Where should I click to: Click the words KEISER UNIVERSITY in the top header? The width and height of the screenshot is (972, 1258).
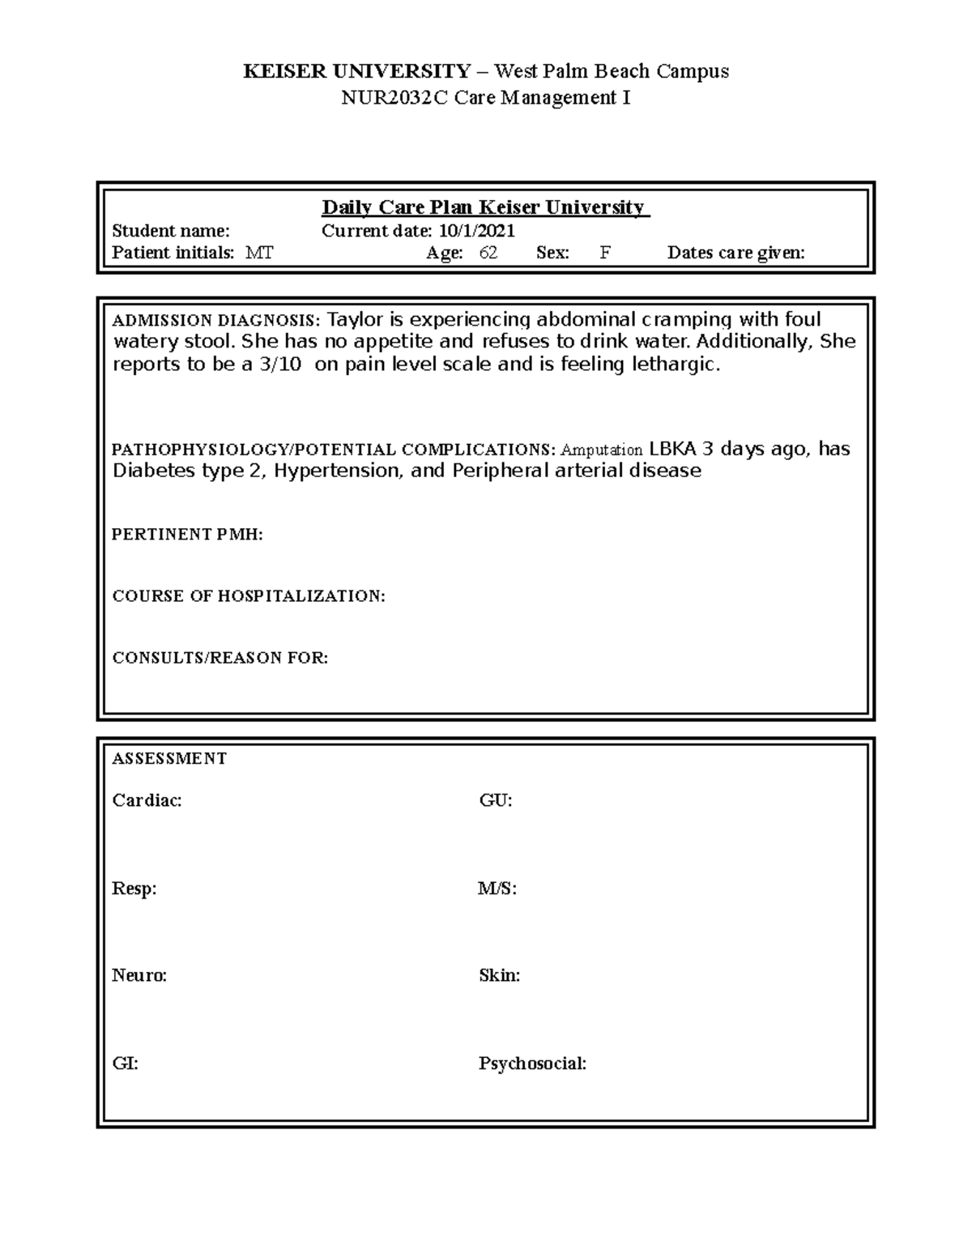tap(356, 71)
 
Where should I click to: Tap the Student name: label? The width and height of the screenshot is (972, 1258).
tap(171, 231)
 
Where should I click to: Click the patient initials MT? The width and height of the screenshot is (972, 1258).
tap(260, 253)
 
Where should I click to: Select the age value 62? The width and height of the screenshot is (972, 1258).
tap(488, 253)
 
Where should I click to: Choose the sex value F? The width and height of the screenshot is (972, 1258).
tap(605, 253)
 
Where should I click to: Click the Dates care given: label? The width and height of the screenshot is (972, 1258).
tap(735, 253)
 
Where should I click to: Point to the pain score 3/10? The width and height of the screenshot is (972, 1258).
tap(279, 365)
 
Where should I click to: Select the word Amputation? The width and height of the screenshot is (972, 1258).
tap(602, 450)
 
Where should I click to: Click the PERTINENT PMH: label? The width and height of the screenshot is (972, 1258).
tap(187, 535)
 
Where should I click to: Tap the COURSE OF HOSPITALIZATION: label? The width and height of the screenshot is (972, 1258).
tap(249, 596)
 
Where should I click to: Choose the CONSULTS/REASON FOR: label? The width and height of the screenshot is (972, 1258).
tap(220, 658)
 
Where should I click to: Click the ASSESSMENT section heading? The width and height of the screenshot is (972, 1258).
tap(169, 759)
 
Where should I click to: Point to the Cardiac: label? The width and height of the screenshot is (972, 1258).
tap(147, 800)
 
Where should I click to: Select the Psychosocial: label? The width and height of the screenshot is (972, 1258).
tap(532, 1064)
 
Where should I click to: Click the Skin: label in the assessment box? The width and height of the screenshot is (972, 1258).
tap(499, 975)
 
